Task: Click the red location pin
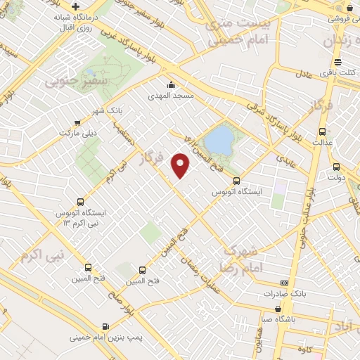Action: coord(181,165)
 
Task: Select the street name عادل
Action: coord(302,73)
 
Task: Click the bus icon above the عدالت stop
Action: coord(322,131)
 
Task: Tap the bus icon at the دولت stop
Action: coord(336,167)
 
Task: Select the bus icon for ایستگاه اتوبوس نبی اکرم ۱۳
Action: coord(79,202)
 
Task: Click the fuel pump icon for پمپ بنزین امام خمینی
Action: coord(105,326)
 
